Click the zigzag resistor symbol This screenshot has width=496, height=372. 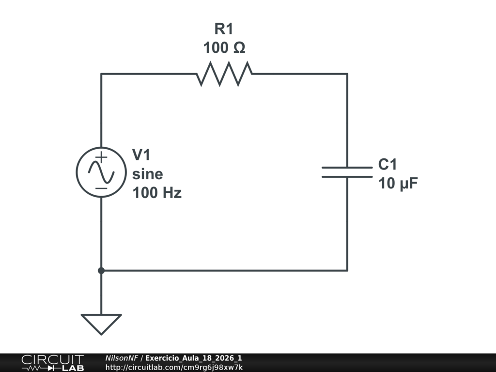point(224,74)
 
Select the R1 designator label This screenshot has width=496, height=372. point(224,29)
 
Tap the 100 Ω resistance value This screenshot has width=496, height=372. point(224,48)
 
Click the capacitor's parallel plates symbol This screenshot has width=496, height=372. point(347,172)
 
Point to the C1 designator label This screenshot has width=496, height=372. point(387,165)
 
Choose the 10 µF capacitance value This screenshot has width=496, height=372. point(398,183)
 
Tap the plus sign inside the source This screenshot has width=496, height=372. point(101,157)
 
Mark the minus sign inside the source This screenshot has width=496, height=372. point(101,188)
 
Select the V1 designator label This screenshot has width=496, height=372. point(141,155)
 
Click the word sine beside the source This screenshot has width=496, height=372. point(147,174)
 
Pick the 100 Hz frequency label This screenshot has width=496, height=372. point(157,193)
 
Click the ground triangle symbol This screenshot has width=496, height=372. point(101,324)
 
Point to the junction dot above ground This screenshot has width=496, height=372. point(101,270)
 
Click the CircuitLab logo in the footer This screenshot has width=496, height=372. point(52,363)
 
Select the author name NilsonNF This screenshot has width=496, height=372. point(122,358)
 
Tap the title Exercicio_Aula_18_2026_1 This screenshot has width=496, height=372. point(194,358)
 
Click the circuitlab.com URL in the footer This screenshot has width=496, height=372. point(174,367)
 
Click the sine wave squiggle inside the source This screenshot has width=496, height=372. point(101,172)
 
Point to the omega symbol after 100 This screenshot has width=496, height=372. point(239,48)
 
